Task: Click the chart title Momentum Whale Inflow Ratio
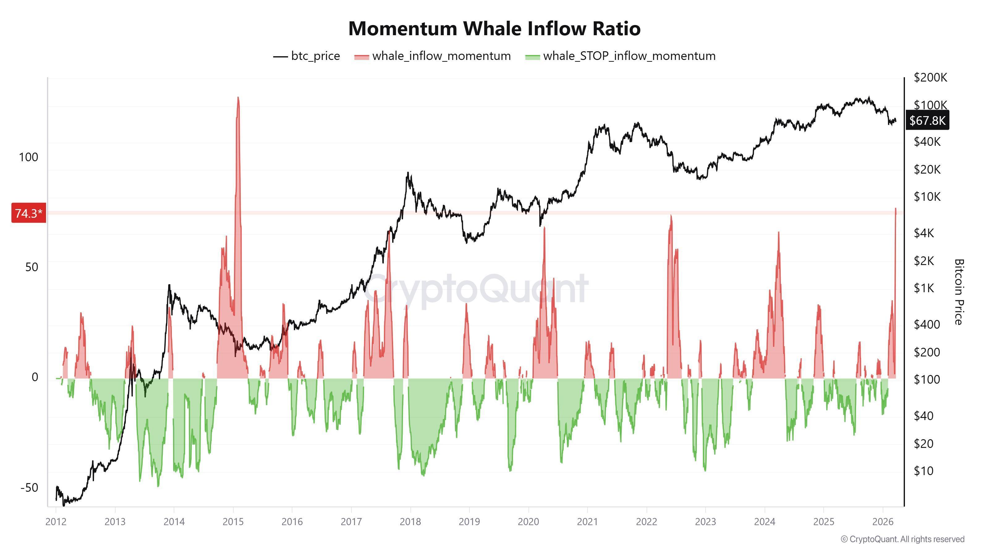pos(494,28)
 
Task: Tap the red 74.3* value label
pos(29,213)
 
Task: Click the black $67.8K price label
pos(927,120)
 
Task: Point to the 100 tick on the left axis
pos(28,157)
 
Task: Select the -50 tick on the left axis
pos(29,487)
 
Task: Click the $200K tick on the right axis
pos(930,78)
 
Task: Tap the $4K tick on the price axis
pos(923,233)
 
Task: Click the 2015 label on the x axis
pos(233,521)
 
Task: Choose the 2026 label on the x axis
pos(883,521)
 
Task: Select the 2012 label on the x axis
pos(56,521)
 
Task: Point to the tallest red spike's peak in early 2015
pos(238,98)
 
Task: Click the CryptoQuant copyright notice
pos(902,539)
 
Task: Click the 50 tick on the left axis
pos(32,267)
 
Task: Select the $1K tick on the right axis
pos(923,288)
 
